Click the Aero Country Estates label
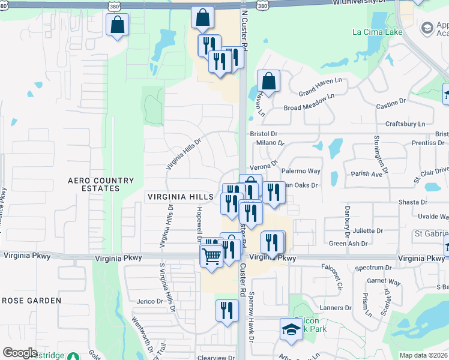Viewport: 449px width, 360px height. (101, 184)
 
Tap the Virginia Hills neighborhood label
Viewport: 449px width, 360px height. (180, 197)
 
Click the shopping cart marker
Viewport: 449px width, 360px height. (211, 256)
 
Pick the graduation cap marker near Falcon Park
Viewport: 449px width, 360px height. (291, 329)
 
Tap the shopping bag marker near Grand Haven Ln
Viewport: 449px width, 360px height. (269, 81)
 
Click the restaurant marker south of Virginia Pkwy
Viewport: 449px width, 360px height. (226, 310)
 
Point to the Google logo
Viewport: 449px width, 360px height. (19, 353)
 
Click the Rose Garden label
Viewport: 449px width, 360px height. (31, 300)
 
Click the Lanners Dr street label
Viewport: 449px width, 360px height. (336, 308)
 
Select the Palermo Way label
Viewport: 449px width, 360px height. (304, 171)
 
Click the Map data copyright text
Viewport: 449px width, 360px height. (424, 355)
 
